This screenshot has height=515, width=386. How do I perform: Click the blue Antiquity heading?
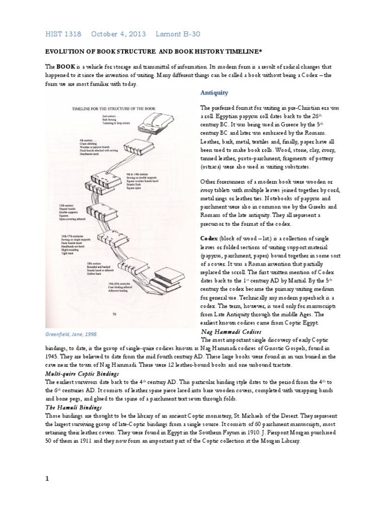[x=214, y=93]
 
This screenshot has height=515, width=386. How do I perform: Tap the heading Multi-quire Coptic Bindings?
[x=83, y=375]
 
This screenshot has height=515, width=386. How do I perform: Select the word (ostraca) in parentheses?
[x=215, y=166]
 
